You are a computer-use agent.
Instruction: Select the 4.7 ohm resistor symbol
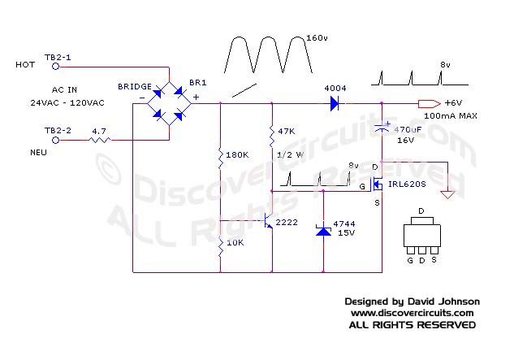[99, 140]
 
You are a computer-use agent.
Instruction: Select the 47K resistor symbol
[271, 133]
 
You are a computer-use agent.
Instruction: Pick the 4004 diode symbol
[334, 103]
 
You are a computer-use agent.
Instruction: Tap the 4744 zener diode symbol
[325, 231]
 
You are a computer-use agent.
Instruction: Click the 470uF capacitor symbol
[382, 129]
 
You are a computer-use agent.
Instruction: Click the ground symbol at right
[447, 193]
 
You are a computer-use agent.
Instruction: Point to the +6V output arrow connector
[427, 103]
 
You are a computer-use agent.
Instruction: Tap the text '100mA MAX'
[457, 116]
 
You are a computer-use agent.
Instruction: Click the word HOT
[25, 64]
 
